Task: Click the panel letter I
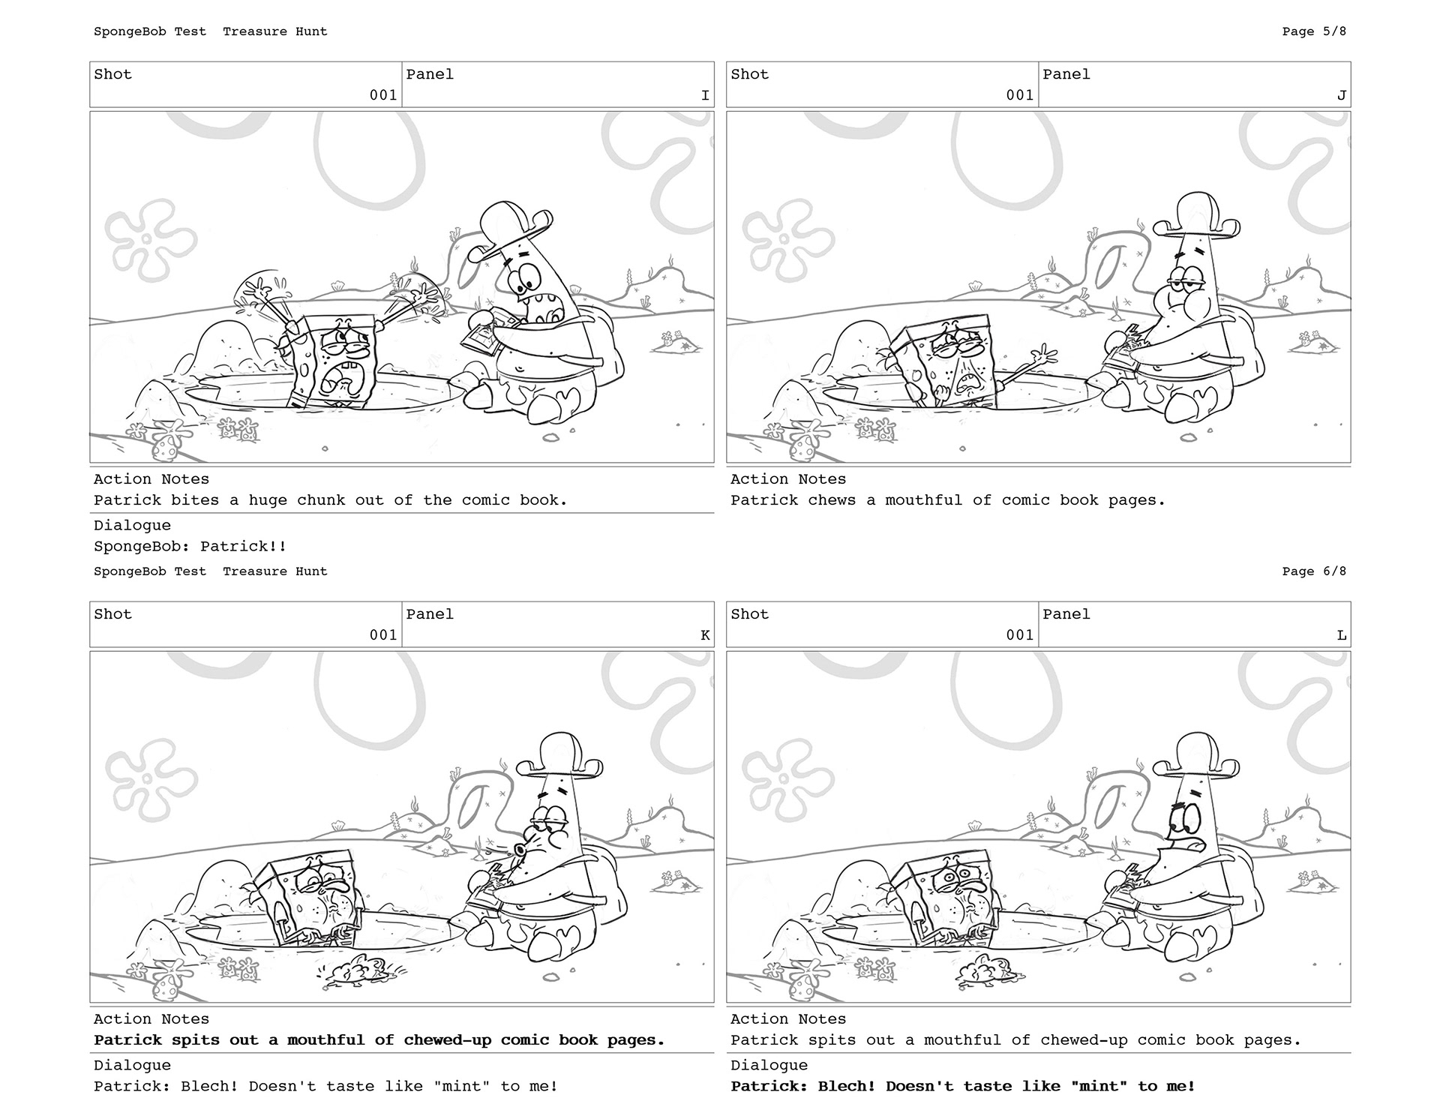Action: point(705,95)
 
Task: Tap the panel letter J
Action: point(1342,95)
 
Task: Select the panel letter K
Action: point(705,635)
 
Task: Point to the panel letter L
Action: point(1342,635)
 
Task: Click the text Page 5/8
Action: point(1314,31)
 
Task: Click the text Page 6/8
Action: point(1314,571)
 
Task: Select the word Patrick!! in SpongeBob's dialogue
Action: point(244,546)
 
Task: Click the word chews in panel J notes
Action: point(832,500)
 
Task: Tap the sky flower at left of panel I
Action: point(150,238)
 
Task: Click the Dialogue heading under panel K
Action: point(132,1065)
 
